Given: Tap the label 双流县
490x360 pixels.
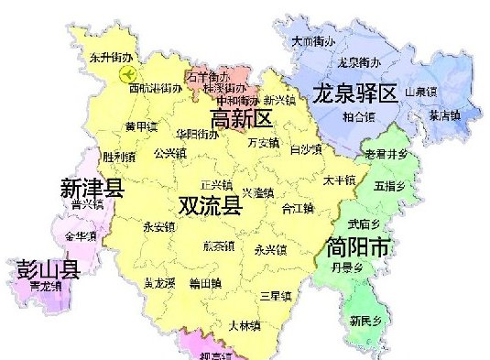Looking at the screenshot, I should pos(210,204).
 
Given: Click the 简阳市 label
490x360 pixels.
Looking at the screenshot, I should pos(357,245).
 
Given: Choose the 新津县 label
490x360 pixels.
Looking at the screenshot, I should pos(92,189).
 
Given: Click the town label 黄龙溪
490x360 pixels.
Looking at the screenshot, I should pos(159,284).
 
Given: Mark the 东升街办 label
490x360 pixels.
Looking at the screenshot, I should pos(112,57).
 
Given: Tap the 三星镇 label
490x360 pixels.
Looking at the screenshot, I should pos(275,296).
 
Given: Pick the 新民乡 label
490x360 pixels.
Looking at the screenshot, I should pos(365,321).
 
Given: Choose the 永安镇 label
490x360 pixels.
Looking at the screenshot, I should pos(158,225).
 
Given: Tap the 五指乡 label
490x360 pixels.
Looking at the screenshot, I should pos(389,186).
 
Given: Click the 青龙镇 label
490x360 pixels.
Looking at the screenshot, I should pos(45,287).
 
